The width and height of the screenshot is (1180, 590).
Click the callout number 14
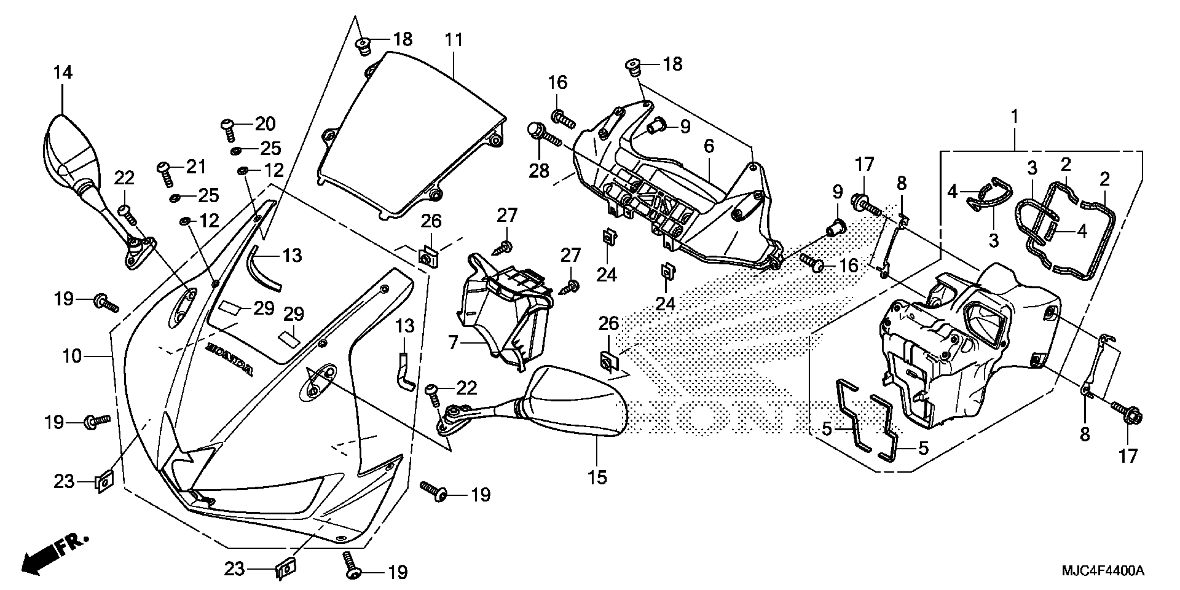pyautogui.click(x=63, y=73)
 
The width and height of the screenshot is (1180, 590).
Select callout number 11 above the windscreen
pyautogui.click(x=454, y=40)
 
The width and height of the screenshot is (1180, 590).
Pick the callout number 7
pyautogui.click(x=453, y=342)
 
